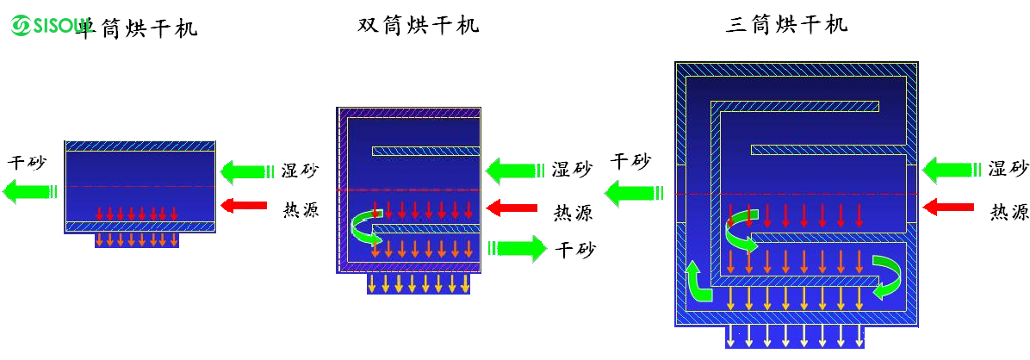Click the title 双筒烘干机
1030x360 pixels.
pos(418,25)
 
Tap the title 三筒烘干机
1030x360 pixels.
pos(786,24)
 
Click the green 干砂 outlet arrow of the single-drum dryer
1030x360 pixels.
pos(28,190)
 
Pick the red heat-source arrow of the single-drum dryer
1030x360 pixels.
pos(239,205)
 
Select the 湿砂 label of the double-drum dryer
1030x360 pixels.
pos(571,170)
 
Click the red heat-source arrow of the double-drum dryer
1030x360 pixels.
pos(506,208)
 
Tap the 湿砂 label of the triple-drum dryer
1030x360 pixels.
pos(1008,169)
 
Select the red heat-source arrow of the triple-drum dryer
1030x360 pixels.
pos(946,207)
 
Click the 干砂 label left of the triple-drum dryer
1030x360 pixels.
pos(630,161)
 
